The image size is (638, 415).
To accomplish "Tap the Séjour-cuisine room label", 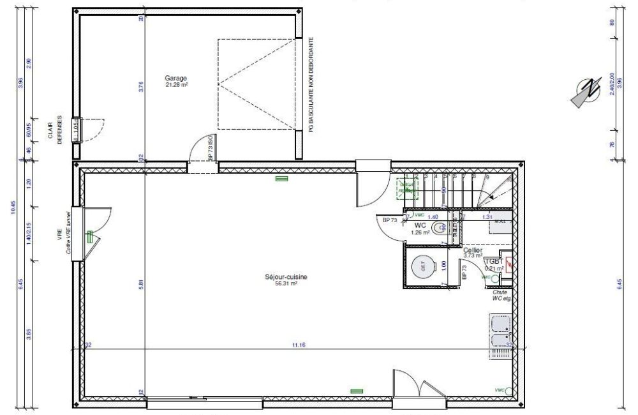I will point(281,276).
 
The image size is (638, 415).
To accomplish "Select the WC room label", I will point(420,225).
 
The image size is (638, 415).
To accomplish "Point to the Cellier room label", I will point(473,251).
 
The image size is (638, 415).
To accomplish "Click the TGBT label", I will point(494,262).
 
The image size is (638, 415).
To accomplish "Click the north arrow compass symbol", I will point(588,90).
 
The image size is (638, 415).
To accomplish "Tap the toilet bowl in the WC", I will point(438,227).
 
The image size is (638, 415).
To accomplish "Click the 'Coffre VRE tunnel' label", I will point(66,234).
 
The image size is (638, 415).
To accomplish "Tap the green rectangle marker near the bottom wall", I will point(356,391).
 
